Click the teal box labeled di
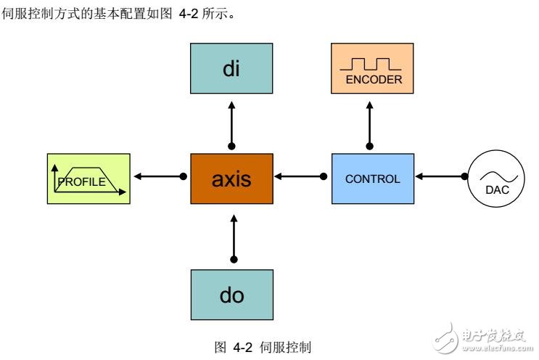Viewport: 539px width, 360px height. tap(231, 73)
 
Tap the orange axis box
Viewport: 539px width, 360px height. tap(231, 179)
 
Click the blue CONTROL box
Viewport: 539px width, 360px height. tap(372, 179)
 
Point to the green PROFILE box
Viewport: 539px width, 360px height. tap(88, 179)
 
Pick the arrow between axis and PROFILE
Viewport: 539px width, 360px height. tap(160, 176)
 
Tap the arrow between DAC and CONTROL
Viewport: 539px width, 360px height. tap(439, 176)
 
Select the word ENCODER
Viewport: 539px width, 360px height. tap(373, 81)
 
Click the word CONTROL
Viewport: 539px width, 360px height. tap(372, 179)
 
